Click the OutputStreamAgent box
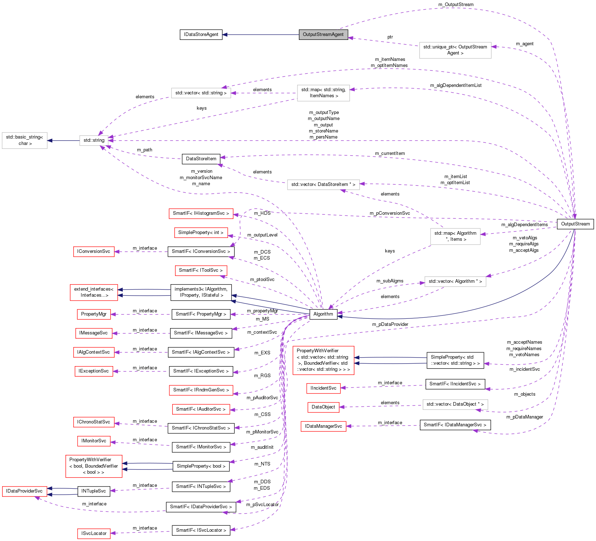tap(323, 35)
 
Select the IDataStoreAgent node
tap(201, 35)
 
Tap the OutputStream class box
tap(575, 224)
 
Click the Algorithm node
tap(323, 314)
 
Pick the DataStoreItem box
tap(201, 159)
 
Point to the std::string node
tap(94, 140)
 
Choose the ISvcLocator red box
tap(94, 534)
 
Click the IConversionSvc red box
tap(94, 251)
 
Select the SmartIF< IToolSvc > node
tap(201, 270)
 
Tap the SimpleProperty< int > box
tap(201, 233)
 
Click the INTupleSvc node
tap(94, 491)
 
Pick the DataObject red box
tap(323, 407)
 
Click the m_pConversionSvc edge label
tap(390, 213)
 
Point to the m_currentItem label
tap(390, 154)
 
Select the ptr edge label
tap(390, 37)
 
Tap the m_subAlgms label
tap(390, 281)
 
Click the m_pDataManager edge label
tap(524, 417)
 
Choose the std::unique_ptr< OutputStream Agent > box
tap(455, 50)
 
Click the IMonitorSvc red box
tap(94, 441)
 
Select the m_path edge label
tap(144, 150)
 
